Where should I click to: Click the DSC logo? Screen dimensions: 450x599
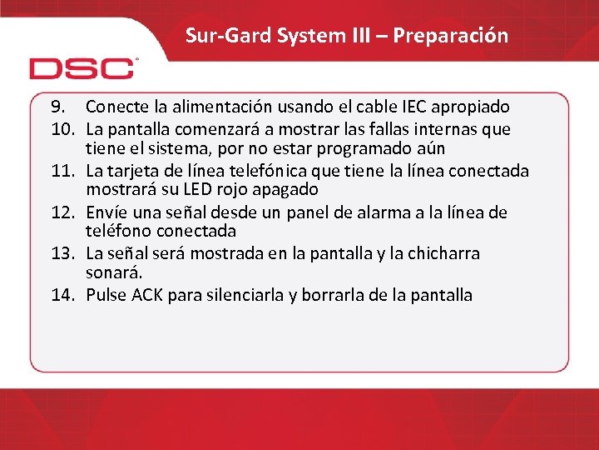82,67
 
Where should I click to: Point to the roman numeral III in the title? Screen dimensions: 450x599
355,36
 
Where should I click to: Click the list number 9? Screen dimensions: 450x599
57,107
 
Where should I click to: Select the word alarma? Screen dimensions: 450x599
410,212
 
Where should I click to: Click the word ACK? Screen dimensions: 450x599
146,294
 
